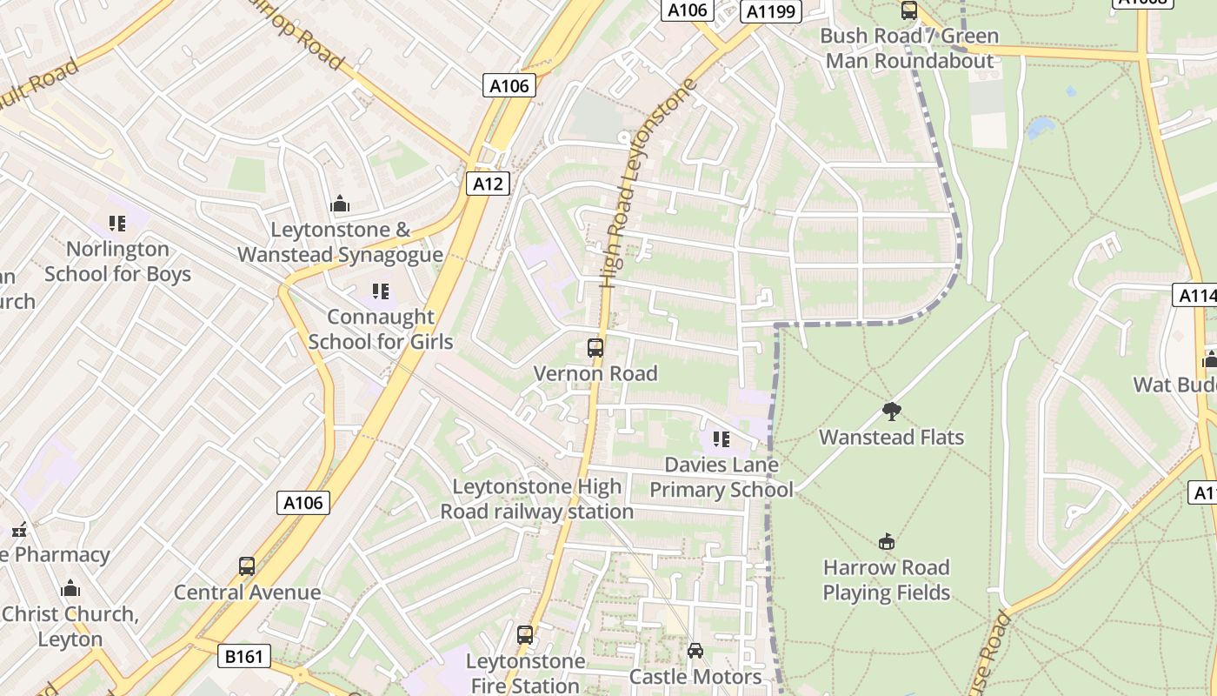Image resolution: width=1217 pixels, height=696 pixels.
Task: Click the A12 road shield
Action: pyautogui.click(x=487, y=184)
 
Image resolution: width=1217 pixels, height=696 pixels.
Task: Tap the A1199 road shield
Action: pyautogui.click(x=770, y=11)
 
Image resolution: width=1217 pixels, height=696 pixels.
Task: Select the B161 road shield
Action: pyautogui.click(x=243, y=656)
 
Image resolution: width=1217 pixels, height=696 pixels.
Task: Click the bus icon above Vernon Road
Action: pyautogui.click(x=595, y=348)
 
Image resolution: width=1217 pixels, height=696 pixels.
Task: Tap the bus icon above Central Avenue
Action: pyautogui.click(x=247, y=566)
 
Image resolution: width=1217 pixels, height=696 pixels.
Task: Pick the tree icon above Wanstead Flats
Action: pyautogui.click(x=891, y=411)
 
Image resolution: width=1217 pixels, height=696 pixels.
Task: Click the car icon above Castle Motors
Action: pyautogui.click(x=695, y=650)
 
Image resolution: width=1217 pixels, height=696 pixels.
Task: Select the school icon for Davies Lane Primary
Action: pyautogui.click(x=721, y=439)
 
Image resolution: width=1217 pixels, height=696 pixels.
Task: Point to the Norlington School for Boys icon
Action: pyautogui.click(x=117, y=224)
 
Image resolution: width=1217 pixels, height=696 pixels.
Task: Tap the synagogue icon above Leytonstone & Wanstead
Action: pyautogui.click(x=340, y=204)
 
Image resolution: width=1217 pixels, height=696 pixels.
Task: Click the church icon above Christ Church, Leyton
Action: pyautogui.click(x=70, y=588)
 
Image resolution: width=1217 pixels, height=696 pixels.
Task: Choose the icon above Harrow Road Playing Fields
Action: pyautogui.click(x=886, y=542)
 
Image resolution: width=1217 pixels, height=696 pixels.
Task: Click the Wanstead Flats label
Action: pyautogui.click(x=892, y=437)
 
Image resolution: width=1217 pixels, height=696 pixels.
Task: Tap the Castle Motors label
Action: pyautogui.click(x=695, y=677)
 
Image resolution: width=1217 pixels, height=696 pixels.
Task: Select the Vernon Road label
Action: pyautogui.click(x=595, y=374)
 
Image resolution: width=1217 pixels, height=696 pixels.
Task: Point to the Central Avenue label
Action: pyautogui.click(x=247, y=592)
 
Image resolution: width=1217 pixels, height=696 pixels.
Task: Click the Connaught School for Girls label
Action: pyautogui.click(x=381, y=329)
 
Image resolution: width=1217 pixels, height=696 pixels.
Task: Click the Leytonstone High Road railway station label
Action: pyautogui.click(x=536, y=499)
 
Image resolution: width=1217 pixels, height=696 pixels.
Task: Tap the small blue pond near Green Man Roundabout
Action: pyautogui.click(x=1041, y=129)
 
